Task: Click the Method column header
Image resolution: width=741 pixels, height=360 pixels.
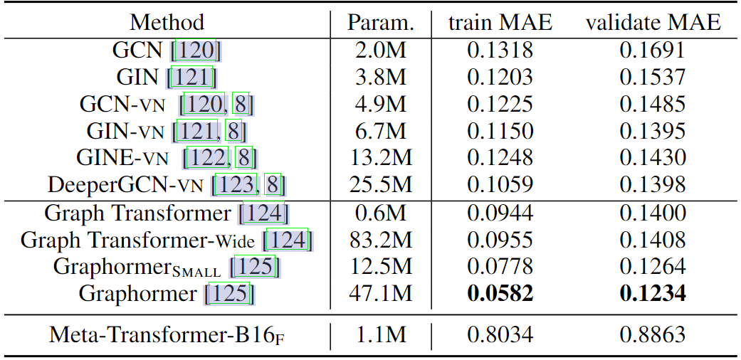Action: click(167, 23)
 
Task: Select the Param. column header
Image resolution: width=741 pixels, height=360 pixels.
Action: click(380, 23)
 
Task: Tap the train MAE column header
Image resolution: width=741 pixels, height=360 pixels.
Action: click(500, 23)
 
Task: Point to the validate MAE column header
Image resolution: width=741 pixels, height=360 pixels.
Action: click(653, 23)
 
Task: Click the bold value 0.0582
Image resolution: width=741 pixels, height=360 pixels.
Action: click(500, 293)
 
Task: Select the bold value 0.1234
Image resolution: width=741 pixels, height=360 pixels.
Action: click(653, 293)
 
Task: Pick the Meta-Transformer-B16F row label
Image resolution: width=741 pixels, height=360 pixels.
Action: click(167, 334)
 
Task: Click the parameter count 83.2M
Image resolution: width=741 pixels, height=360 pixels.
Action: click(380, 239)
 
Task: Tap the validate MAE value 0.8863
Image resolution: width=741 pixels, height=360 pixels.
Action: click(653, 334)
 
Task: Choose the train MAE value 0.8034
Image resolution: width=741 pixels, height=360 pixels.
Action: click(500, 334)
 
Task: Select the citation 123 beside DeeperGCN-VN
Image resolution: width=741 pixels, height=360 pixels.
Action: click(237, 185)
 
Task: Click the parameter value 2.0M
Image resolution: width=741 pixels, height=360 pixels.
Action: click(380, 50)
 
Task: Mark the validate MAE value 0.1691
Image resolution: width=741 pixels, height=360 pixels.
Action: click(653, 50)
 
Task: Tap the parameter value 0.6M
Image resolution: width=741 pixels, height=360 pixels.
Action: click(380, 212)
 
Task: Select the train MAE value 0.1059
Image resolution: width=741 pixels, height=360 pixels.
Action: click(500, 185)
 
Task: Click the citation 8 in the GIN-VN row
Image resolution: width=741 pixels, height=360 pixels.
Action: click(234, 131)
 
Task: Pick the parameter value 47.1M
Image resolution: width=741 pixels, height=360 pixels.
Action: click(380, 293)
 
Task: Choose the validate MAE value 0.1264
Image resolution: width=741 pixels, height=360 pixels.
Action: click(653, 266)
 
